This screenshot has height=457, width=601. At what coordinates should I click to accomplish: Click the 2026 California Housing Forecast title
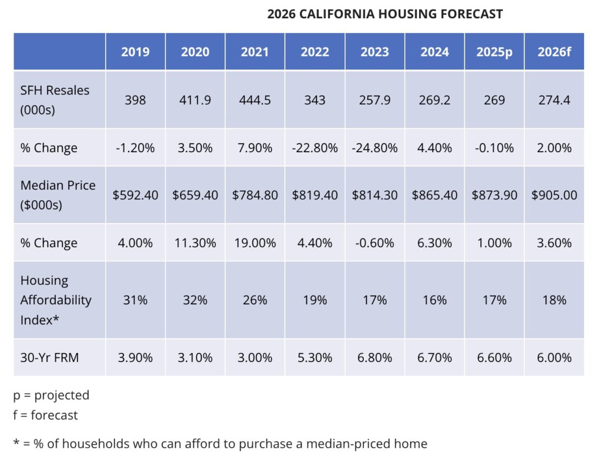coord(385,14)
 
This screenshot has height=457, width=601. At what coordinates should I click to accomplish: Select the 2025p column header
coord(494,52)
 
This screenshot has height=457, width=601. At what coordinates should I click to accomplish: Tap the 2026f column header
coord(554,52)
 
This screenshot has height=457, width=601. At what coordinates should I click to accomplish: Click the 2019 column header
coord(136,52)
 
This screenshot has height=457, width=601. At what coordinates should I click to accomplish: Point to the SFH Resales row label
coord(55,100)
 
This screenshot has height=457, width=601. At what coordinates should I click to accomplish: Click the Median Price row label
coord(58,194)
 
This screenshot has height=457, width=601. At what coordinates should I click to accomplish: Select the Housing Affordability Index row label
coord(56,300)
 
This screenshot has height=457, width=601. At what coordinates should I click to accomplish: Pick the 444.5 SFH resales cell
coord(255,100)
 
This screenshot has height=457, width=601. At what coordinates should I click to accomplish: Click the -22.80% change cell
coord(315,148)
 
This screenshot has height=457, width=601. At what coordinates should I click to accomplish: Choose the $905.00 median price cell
coord(554,195)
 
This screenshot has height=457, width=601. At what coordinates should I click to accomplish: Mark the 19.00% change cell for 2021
coord(255,243)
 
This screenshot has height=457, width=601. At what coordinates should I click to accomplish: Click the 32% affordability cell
coord(195,300)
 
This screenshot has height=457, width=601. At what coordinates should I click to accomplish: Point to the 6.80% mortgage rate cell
coord(375,357)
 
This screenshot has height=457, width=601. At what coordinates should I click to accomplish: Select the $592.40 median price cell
coord(136,195)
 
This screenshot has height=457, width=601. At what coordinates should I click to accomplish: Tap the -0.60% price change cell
coord(375,243)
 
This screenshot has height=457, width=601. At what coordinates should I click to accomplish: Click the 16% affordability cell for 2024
coord(435,300)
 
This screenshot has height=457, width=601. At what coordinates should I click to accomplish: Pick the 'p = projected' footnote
coord(52,395)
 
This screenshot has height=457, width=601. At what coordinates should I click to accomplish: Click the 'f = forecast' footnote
coord(46,415)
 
